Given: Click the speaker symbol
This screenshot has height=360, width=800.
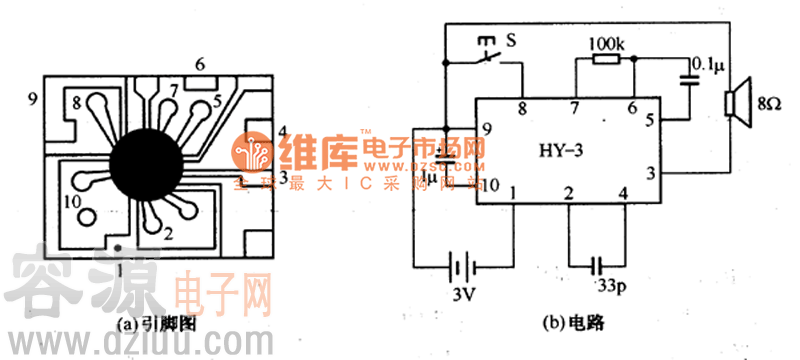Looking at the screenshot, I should pos(739,103).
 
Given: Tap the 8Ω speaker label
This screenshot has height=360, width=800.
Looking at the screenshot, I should pos(766,103).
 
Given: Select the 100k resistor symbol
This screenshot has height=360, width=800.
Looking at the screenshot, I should pos(607,60).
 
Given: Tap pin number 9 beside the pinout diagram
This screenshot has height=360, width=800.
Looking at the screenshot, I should pos(33,98).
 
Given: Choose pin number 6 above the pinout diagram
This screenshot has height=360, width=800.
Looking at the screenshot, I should pos(200,65).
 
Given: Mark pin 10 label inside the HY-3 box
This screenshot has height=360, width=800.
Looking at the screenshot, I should pos(489,184).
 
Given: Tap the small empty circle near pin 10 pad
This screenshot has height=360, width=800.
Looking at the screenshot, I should pos(87,216).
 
